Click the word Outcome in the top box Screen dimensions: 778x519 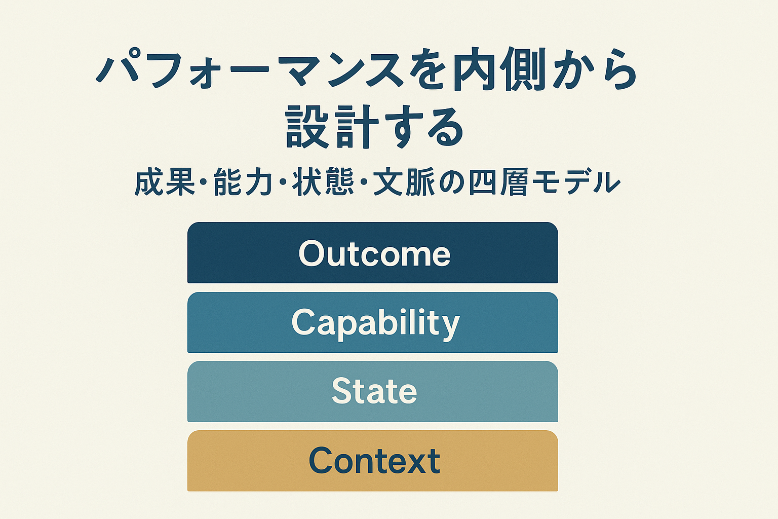[374, 253]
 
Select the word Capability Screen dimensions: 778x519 [375, 324]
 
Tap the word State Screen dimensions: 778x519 [374, 391]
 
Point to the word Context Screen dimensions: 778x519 [374, 461]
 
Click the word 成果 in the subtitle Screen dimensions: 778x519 [165, 182]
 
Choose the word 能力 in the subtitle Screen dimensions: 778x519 [243, 182]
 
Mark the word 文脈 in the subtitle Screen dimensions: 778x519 [404, 182]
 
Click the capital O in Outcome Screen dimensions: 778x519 [312, 253]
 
